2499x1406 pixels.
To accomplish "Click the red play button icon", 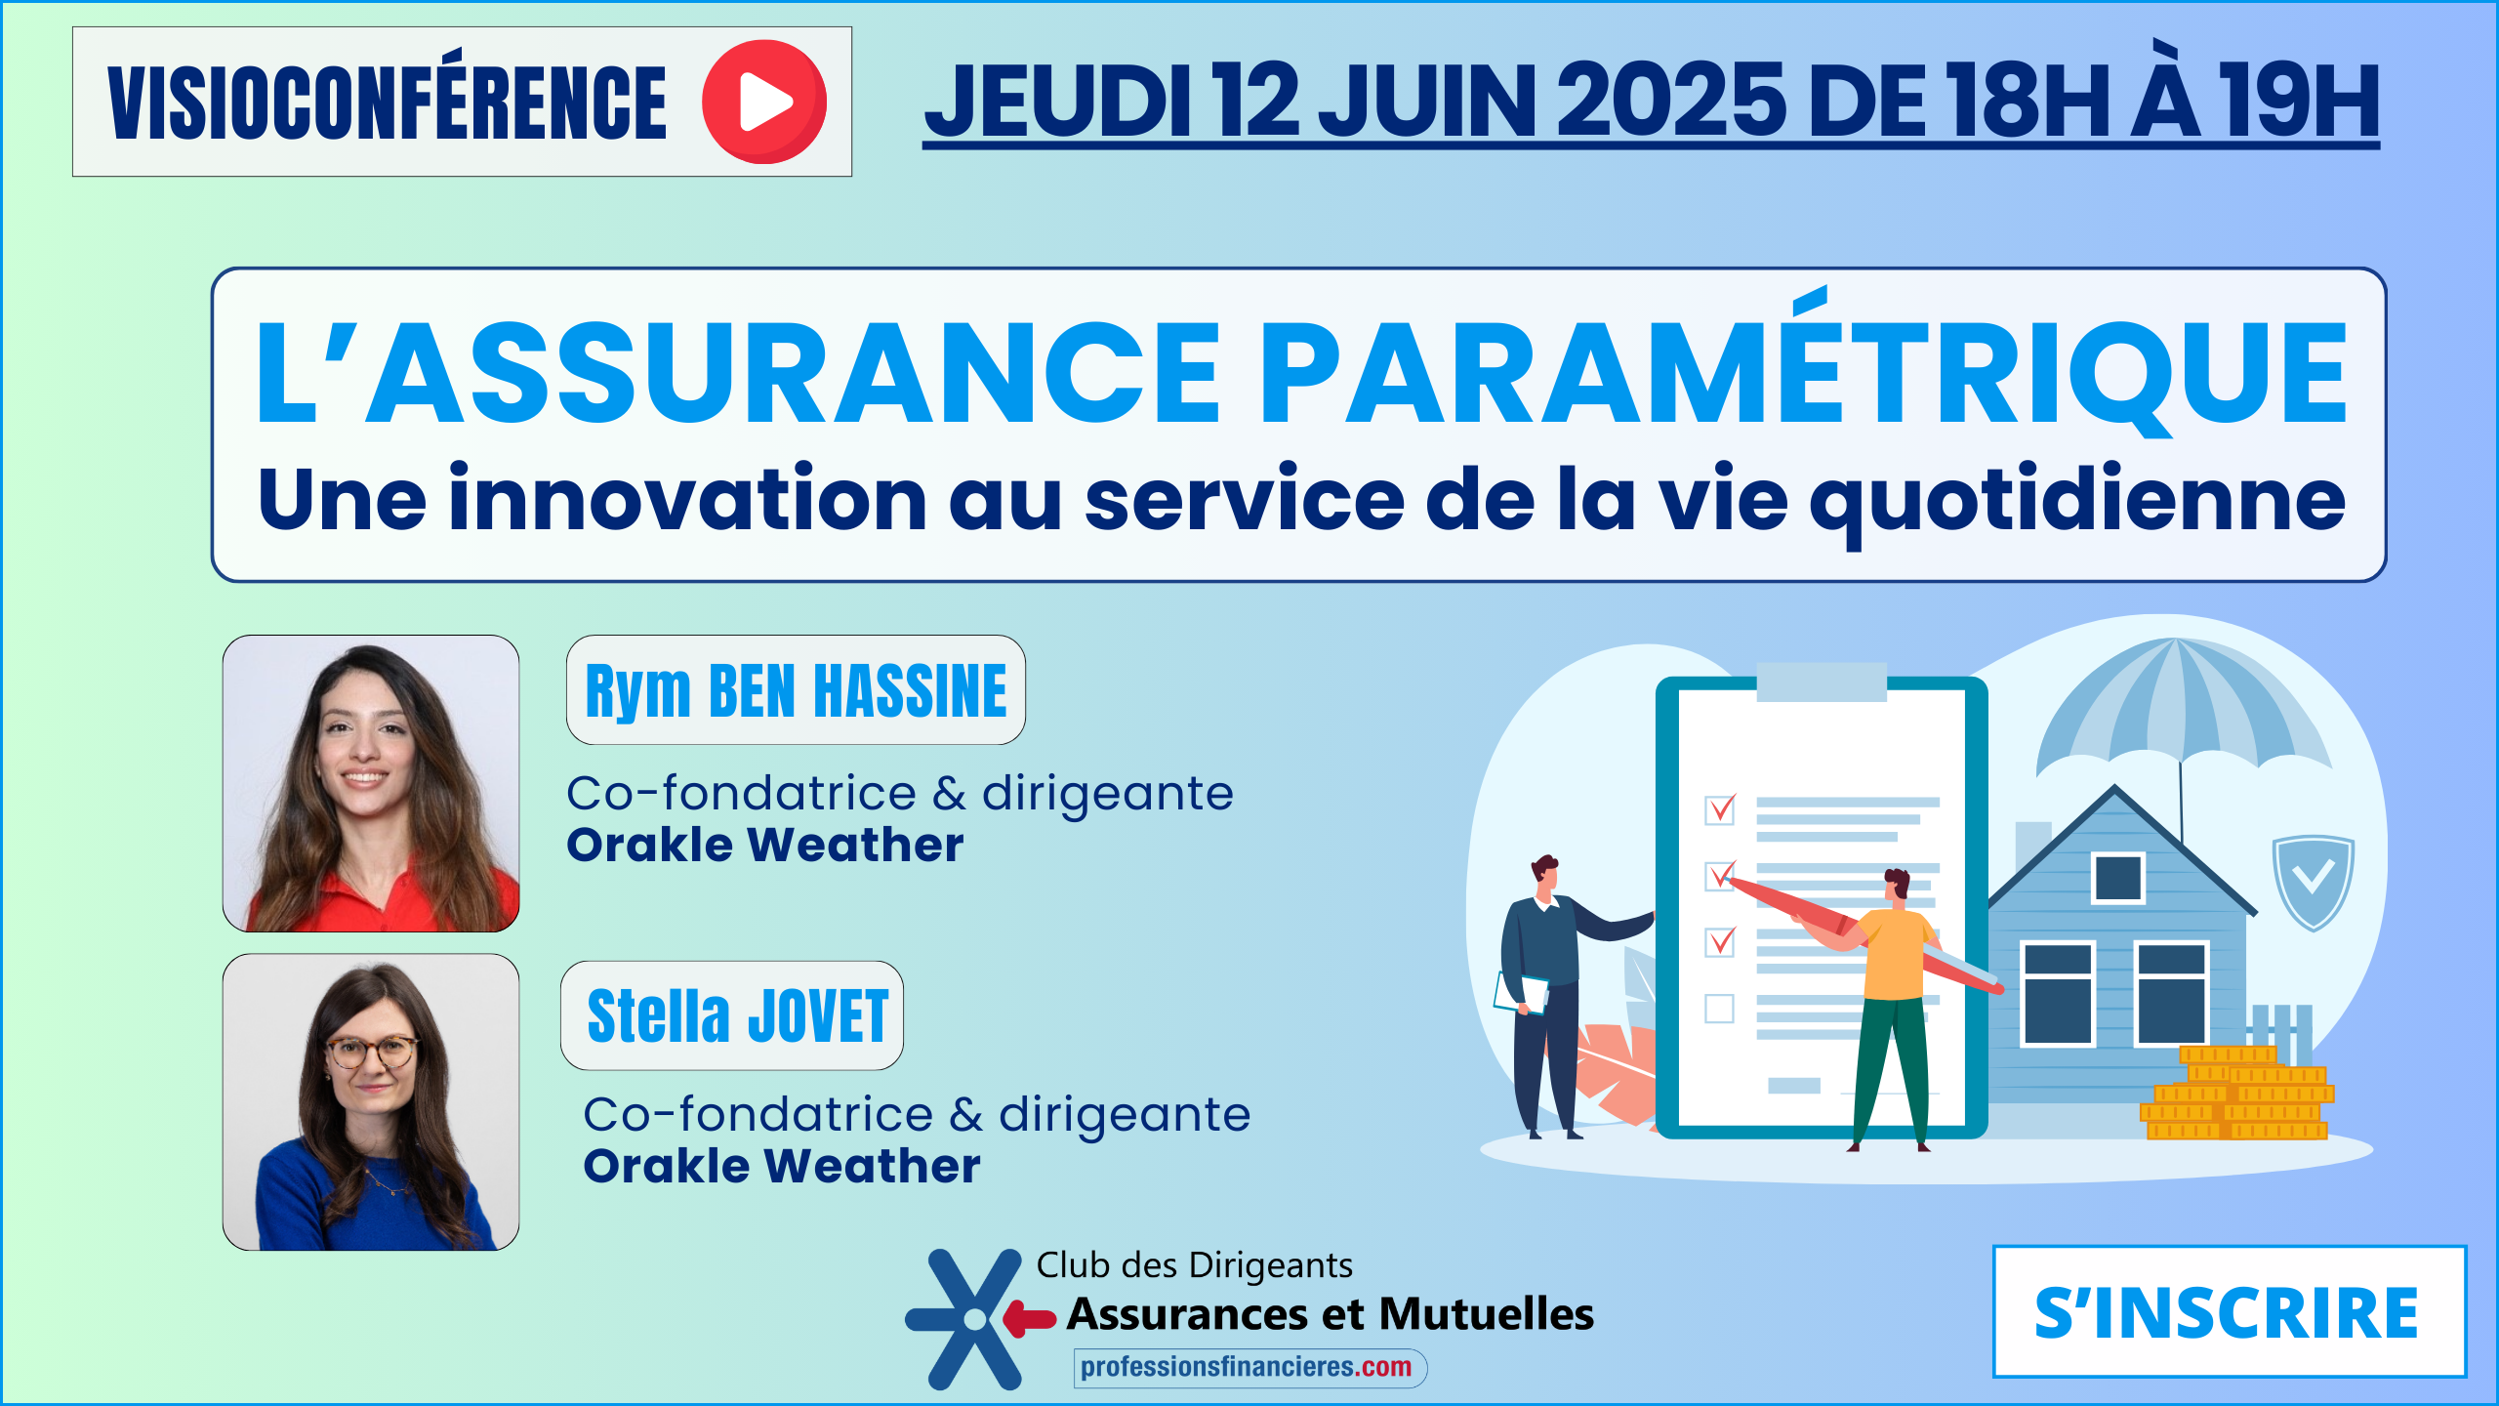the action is (764, 102).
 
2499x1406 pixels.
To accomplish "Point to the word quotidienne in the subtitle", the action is (2077, 500).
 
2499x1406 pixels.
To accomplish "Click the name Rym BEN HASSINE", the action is (796, 690).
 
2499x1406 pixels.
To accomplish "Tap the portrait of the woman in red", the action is (371, 783).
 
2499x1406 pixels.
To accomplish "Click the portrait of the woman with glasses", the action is (371, 1102).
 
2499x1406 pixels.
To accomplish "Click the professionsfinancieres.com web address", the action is (1247, 1367).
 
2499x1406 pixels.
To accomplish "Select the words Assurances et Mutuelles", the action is (1331, 1314).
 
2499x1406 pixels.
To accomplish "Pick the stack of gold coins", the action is (2236, 1093).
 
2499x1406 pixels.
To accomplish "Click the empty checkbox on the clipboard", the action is (1719, 1009).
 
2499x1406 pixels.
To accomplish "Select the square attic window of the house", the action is (2117, 877).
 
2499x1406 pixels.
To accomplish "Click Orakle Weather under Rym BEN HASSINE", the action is (765, 845).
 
